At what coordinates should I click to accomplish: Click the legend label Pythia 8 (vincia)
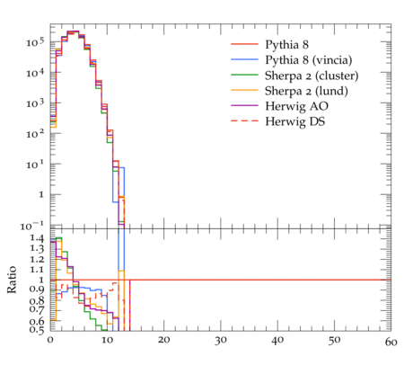point(309,60)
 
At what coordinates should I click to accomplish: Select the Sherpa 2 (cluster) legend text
point(312,76)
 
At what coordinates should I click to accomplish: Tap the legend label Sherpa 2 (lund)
point(306,91)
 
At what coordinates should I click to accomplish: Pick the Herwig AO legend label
point(296,106)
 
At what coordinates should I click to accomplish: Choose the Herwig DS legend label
point(295,121)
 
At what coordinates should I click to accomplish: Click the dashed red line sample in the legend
point(244,120)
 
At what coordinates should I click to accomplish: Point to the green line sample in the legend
point(244,75)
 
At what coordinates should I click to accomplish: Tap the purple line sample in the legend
point(244,105)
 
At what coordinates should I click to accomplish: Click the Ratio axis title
point(12,280)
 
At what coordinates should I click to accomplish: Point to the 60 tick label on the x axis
point(391,342)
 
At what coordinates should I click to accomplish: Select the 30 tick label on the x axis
point(221,341)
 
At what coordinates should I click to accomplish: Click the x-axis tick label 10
point(107,341)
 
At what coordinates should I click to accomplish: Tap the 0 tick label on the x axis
point(50,341)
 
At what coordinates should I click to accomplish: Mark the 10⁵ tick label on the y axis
point(35,42)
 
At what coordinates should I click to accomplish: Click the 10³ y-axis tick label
point(35,103)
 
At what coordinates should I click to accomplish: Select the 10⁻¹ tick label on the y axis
point(32,226)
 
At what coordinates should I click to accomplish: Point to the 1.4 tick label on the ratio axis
point(37,238)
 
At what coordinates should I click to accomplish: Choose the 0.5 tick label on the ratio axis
point(37,330)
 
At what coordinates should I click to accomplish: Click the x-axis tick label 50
point(334,341)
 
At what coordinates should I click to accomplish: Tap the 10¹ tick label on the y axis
point(35,165)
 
